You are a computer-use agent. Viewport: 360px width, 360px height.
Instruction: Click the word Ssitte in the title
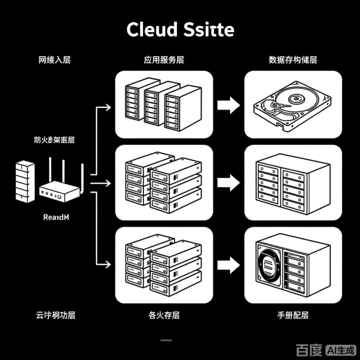click(x=210, y=30)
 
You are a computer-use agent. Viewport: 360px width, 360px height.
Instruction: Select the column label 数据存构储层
click(x=292, y=60)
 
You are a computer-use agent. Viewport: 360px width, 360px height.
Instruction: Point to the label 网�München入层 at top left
click(x=55, y=60)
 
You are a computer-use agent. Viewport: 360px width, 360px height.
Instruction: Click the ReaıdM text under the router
click(x=56, y=217)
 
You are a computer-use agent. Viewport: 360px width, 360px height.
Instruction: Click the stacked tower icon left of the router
click(x=24, y=181)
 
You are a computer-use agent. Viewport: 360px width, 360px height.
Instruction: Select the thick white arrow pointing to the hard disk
click(x=229, y=106)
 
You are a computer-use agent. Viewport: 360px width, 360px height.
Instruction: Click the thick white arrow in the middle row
click(x=229, y=182)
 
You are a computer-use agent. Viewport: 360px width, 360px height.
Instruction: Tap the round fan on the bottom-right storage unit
click(x=269, y=265)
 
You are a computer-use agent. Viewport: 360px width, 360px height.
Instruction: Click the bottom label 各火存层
click(x=164, y=315)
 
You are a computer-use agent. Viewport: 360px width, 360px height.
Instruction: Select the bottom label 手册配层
click(x=292, y=315)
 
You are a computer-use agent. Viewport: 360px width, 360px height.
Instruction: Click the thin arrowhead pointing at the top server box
click(x=108, y=107)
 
